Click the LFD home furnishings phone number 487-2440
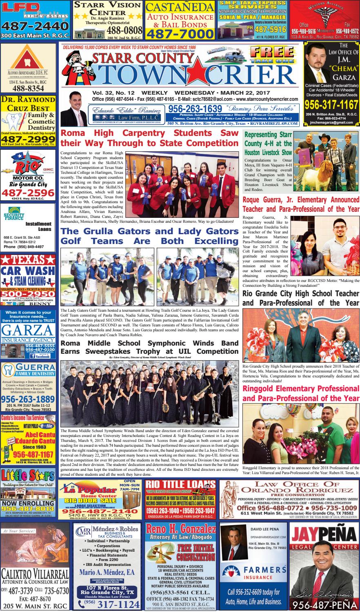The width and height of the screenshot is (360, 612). [34, 27]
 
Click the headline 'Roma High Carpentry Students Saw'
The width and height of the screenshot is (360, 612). [149, 133]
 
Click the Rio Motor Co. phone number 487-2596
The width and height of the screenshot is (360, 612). [27, 192]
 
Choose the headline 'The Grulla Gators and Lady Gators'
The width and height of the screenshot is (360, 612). [149, 231]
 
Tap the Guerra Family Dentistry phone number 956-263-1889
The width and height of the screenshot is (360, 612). [28, 399]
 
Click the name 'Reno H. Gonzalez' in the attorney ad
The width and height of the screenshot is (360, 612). [180, 530]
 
